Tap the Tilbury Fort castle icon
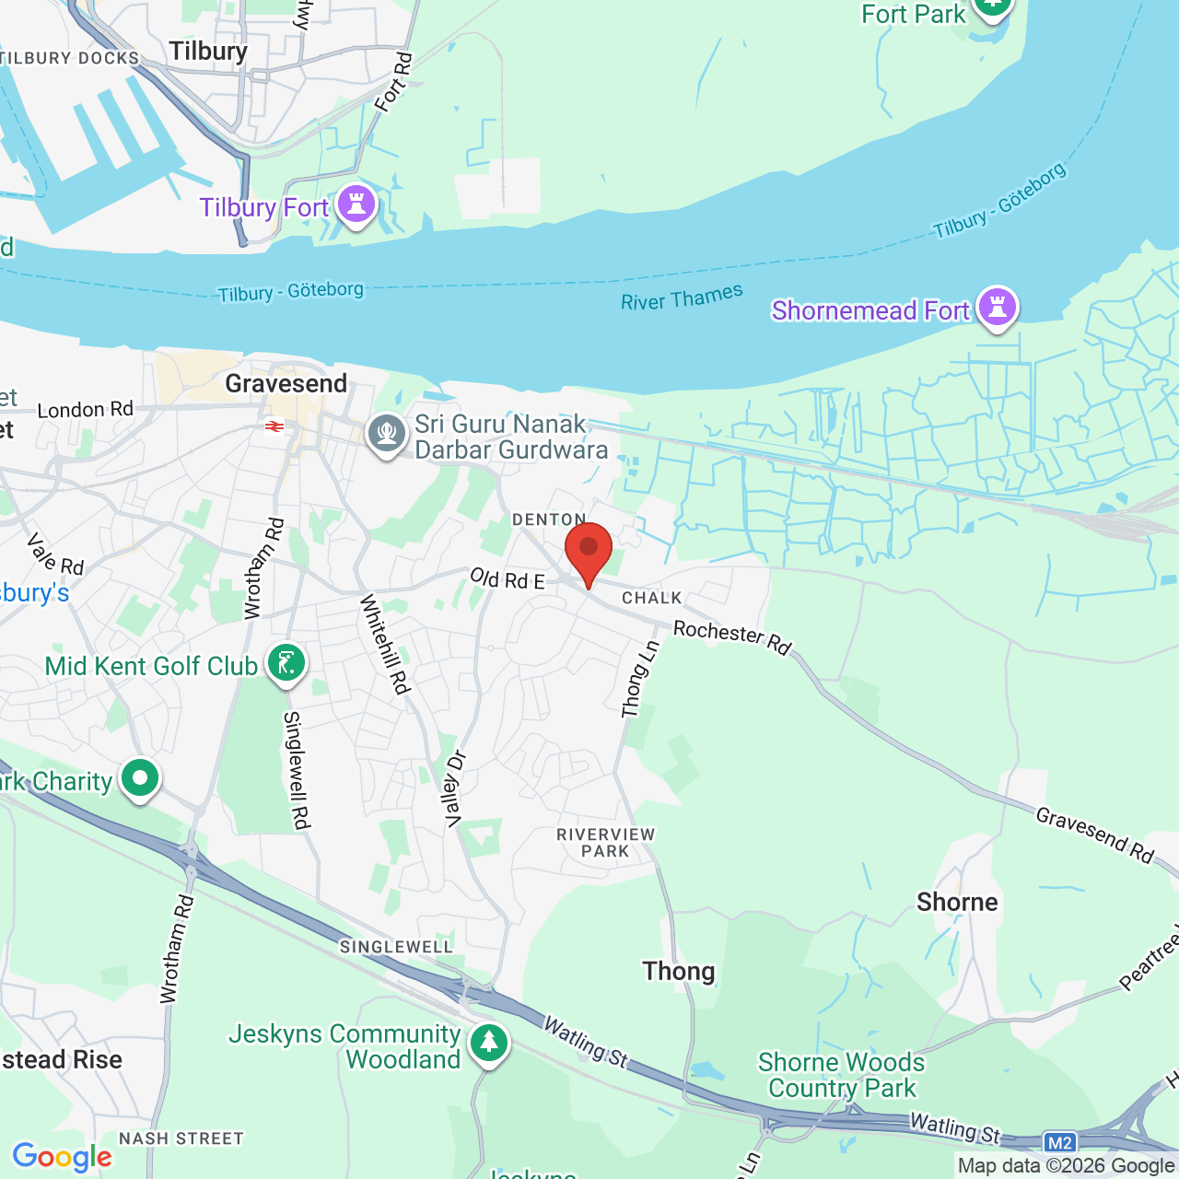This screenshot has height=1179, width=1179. pos(356,204)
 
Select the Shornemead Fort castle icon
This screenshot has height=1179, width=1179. pos(997,307)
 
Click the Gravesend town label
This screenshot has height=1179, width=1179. pos(286,383)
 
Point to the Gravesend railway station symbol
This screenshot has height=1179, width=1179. pos(274,426)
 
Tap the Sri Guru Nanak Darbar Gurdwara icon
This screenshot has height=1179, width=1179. pos(387,434)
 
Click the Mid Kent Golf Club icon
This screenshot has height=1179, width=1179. pos(286,663)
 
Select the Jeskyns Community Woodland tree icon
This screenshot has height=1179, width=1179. pos(488,1044)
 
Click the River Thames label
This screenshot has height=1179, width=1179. pos(682,298)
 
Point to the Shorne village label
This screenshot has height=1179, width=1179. pos(957,902)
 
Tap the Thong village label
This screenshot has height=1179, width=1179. pos(679,971)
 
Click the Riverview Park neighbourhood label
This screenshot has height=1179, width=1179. pos(605,843)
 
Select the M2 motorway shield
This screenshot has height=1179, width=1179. pos(1060,1143)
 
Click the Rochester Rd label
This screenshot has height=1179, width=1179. pos(732,636)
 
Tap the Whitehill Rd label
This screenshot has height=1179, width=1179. pos(384,644)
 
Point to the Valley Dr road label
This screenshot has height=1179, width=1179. pos(455,789)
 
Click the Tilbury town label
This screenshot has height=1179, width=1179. pos(208,52)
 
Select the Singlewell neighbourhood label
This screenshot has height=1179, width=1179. pos(396,947)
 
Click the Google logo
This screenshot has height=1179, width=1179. pos(63,1157)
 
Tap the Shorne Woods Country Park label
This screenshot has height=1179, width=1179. pos(842,1075)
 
